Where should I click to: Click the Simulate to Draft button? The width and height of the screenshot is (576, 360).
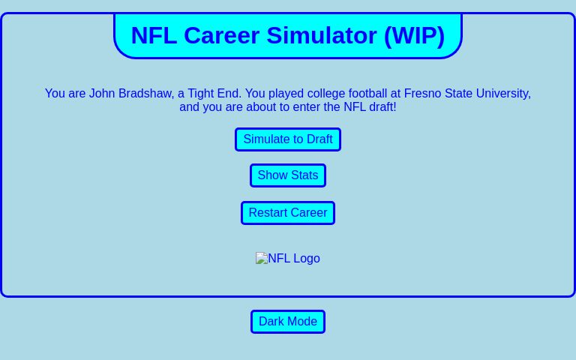[287, 139]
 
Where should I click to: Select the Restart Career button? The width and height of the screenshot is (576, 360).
[287, 213]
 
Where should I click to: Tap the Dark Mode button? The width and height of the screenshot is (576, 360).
[287, 322]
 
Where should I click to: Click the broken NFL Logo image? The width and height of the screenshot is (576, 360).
[287, 259]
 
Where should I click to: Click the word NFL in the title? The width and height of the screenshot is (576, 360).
[154, 35]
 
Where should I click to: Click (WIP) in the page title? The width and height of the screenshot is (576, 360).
[414, 35]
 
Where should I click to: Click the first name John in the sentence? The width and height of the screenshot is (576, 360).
[101, 94]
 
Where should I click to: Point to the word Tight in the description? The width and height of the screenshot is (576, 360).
[200, 94]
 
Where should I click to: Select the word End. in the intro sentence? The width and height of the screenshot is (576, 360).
[229, 94]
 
